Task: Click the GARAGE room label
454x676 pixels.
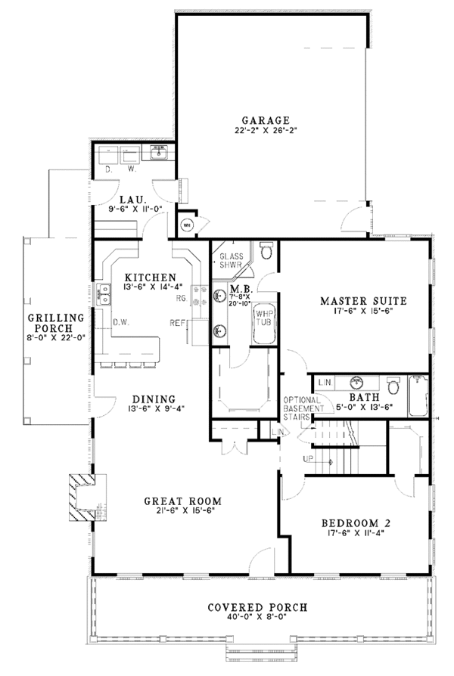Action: [x=266, y=120]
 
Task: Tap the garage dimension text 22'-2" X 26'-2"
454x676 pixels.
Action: [x=266, y=131]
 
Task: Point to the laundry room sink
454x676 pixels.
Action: [x=160, y=154]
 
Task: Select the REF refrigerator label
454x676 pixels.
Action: [x=179, y=321]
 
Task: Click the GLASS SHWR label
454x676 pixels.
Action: [x=231, y=261]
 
